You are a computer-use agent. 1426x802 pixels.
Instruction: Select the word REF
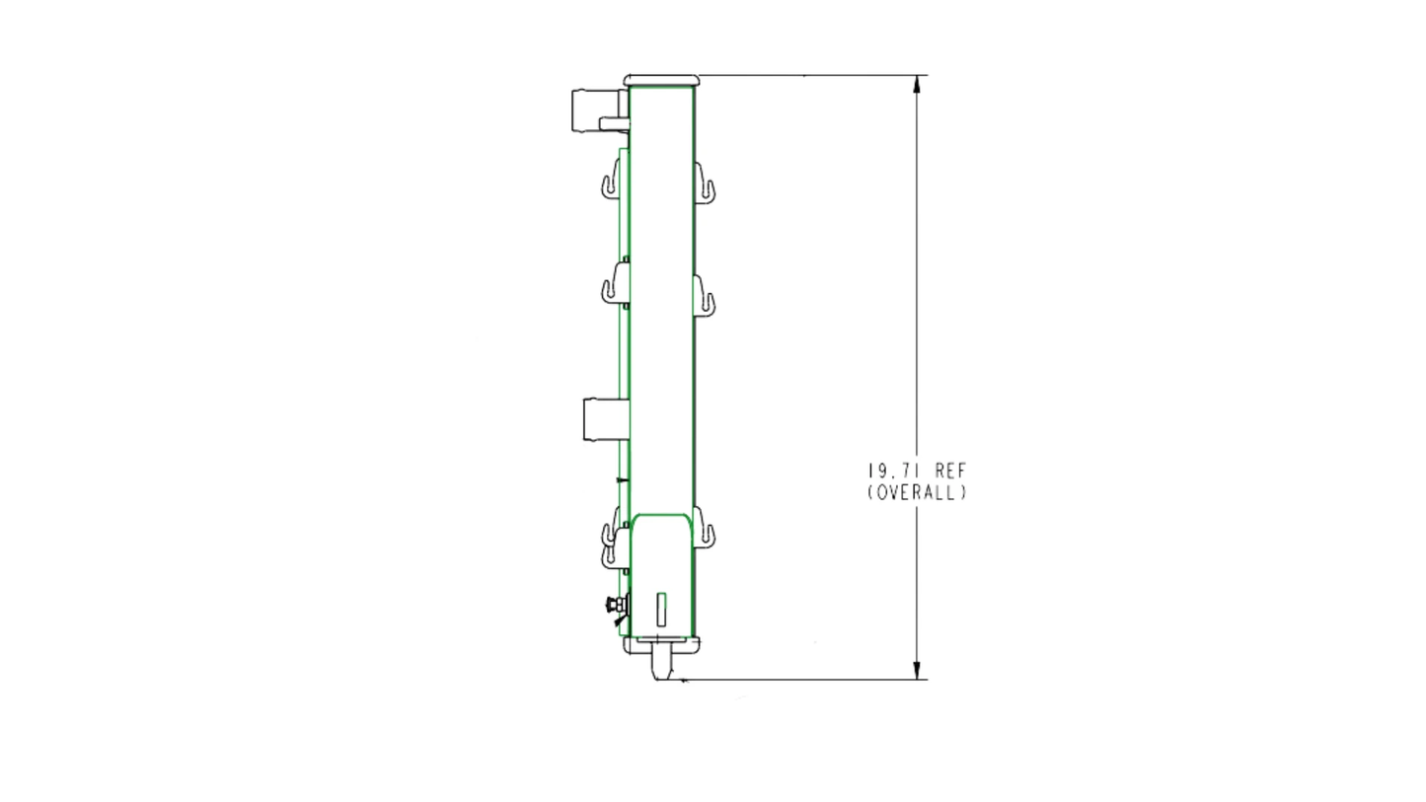click(951, 471)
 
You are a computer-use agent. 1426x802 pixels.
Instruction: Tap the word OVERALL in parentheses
click(918, 492)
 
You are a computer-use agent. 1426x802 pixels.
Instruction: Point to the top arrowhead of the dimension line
click(917, 85)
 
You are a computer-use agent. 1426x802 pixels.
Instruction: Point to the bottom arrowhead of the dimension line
click(917, 670)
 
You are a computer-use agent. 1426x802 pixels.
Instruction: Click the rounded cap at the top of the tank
click(661, 81)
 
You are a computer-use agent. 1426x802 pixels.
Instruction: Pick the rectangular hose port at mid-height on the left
click(606, 419)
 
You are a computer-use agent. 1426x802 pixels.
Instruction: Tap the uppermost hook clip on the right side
click(705, 183)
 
